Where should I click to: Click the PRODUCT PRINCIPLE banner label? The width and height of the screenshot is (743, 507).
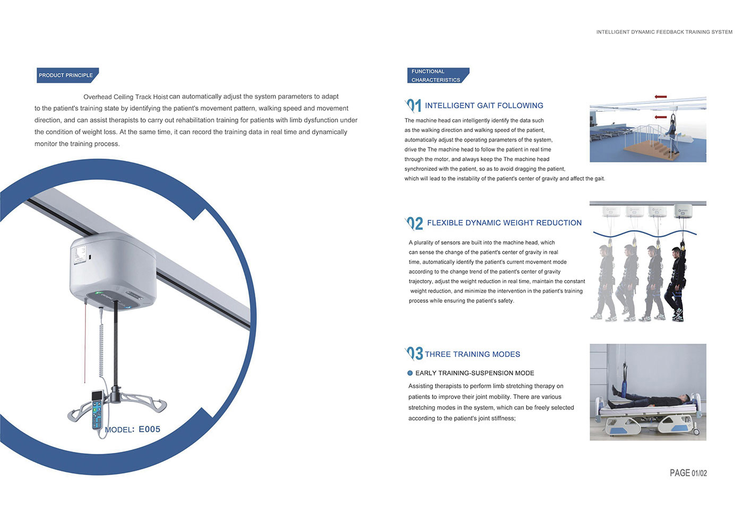[67, 75]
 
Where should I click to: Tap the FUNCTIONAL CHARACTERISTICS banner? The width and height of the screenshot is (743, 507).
[438, 75]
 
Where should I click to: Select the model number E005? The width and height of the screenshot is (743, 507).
[149, 429]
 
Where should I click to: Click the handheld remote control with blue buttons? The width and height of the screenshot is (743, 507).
[97, 410]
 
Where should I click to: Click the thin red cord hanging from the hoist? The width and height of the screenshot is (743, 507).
[85, 342]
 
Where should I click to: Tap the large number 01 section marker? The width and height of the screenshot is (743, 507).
[413, 106]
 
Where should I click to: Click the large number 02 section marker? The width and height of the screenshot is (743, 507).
[414, 223]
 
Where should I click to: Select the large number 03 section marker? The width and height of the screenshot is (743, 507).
[414, 354]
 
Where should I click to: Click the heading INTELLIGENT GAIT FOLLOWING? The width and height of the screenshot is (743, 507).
[484, 106]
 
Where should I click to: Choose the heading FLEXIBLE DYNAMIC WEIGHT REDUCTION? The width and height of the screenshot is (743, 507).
[504, 223]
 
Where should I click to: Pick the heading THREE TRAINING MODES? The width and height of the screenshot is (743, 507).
[472, 354]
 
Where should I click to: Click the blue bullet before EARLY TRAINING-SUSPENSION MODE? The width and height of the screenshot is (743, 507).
[410, 373]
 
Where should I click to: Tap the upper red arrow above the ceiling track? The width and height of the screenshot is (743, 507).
[660, 97]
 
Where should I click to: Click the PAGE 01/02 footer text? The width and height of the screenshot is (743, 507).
[688, 473]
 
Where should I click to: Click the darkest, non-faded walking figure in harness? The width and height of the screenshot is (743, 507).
[676, 284]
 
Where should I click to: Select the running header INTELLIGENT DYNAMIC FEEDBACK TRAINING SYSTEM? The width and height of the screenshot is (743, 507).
[664, 32]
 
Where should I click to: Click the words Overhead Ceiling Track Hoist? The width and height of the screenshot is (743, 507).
[125, 97]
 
